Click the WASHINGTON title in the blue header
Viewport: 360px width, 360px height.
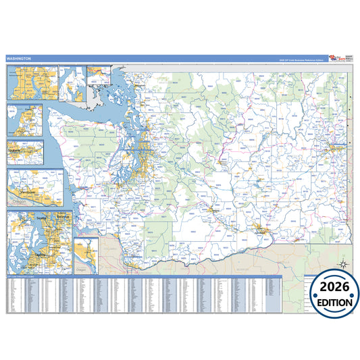click(x=19, y=59)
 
